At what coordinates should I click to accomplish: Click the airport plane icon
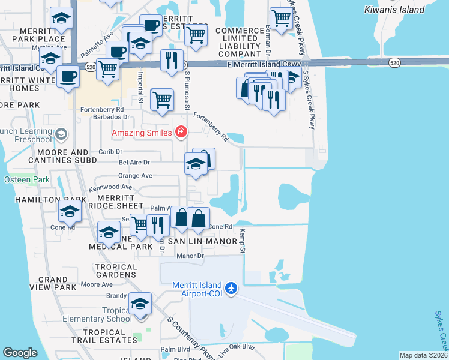coord(232,289)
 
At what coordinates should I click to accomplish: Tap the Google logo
coord(20,353)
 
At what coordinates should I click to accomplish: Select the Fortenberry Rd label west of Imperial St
coord(103,109)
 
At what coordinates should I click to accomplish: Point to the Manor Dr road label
coord(191,255)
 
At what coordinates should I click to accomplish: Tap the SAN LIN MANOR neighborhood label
coord(198,241)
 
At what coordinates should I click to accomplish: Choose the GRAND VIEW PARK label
coord(53,283)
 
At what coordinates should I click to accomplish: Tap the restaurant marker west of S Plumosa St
coord(172,59)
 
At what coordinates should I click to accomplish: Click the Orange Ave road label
coord(135,176)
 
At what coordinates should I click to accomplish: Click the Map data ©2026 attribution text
coord(423,355)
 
